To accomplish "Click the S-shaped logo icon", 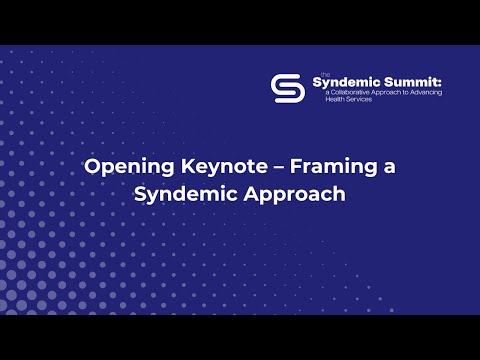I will pyautogui.click(x=288, y=88).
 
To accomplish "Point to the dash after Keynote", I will pyautogui.click(x=266, y=167).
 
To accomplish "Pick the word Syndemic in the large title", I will pyautogui.click(x=180, y=195).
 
